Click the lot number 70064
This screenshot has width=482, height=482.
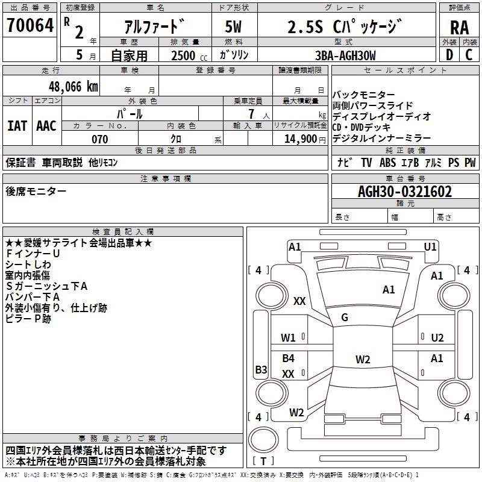coord(30,25)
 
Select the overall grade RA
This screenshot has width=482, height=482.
coord(460,28)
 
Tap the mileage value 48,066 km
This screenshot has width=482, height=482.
coord(73,87)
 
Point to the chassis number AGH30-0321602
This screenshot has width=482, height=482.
coord(405,192)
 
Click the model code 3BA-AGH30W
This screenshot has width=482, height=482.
coord(345,55)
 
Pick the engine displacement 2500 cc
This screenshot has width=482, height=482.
coord(189,55)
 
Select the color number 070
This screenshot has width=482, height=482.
coord(100,139)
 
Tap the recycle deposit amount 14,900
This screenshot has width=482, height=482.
coord(300,139)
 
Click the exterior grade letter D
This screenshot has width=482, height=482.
coord(449,55)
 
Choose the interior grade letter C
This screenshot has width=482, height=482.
coord(469,55)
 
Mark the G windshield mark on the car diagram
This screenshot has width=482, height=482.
coord(345,318)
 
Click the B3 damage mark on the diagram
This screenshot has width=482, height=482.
coord(261,369)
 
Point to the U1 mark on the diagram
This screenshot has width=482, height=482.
coord(430,246)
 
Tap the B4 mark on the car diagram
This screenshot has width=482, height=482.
coord(289,358)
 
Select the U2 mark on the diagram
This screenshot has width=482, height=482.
coord(437,338)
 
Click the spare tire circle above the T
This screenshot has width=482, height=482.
coord(263,439)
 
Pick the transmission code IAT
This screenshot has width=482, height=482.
coord(17,126)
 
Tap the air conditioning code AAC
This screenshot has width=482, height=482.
coord(46,126)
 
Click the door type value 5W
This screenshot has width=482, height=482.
coord(233,27)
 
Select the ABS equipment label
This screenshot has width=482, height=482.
coord(387,163)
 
